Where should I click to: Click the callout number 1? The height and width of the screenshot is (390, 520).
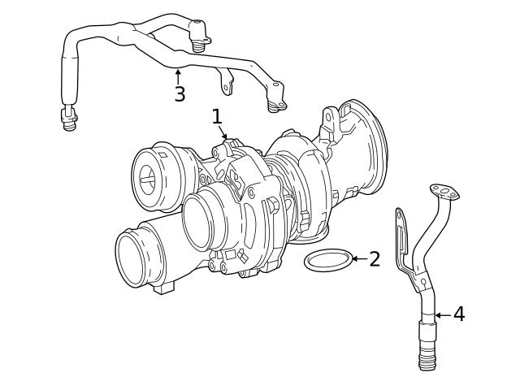click(217, 117)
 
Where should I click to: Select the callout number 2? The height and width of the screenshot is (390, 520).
click(374, 259)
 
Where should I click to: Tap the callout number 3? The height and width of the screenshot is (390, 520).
click(180, 94)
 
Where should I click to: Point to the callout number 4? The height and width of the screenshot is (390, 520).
click(459, 314)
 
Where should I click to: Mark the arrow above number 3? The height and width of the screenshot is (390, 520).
click(179, 76)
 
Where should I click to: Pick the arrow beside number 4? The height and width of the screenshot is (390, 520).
click(442, 314)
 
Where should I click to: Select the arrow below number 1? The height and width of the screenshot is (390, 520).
click(223, 134)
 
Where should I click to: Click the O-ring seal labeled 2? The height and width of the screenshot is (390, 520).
click(328, 260)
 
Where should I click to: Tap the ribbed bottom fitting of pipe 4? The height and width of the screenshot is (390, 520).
click(428, 351)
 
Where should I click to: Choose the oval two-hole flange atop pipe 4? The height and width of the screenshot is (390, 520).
click(444, 192)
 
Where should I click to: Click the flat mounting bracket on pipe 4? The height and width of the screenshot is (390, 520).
click(402, 240)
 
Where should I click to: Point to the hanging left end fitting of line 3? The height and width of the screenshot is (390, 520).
click(69, 120)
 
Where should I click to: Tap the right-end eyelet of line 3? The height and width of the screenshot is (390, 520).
click(278, 103)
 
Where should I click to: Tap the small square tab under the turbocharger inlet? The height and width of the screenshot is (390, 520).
click(168, 287)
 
